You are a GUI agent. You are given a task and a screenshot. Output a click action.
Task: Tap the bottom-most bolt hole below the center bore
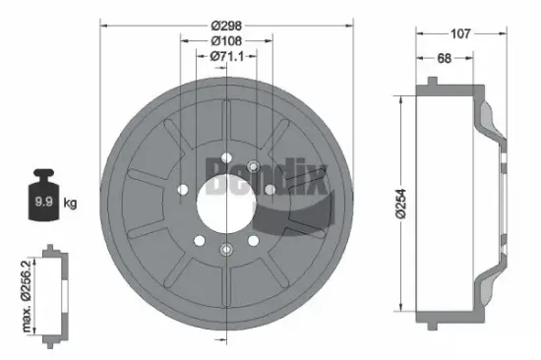(x=227, y=249)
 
